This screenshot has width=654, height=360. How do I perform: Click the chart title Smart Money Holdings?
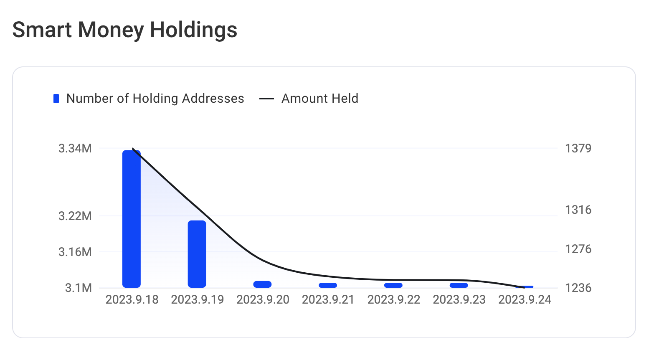(124, 30)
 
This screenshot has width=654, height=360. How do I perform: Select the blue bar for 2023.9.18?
(131, 219)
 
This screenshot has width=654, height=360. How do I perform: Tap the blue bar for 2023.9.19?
(197, 254)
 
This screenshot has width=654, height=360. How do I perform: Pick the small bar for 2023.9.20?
(262, 284)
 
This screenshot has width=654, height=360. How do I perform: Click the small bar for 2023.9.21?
(328, 285)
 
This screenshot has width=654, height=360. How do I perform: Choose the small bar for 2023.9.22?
(393, 285)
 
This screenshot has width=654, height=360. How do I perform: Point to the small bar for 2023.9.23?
(459, 285)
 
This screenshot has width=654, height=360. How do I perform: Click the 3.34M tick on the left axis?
(75, 148)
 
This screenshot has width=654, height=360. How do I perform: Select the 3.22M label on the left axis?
(75, 216)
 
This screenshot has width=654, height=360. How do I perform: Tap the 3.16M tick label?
(75, 252)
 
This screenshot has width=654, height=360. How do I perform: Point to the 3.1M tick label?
(78, 288)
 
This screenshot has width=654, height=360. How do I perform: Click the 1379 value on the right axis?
(578, 148)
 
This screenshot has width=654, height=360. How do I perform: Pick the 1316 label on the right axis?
(578, 210)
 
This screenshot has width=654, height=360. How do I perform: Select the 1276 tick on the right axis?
(578, 249)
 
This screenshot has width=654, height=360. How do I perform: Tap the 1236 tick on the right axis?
(578, 288)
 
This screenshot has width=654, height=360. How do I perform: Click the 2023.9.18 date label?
(132, 300)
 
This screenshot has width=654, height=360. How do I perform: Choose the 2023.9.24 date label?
(525, 300)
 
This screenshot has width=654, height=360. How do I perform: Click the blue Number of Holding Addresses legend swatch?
(56, 99)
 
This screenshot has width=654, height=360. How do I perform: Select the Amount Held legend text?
(319, 99)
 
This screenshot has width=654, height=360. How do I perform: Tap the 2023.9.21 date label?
(328, 300)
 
